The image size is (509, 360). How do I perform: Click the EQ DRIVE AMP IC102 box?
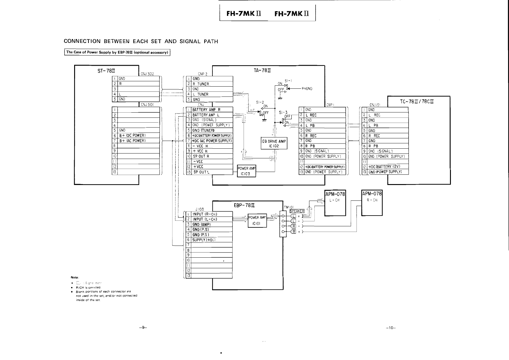pyautogui.click(x=274, y=143)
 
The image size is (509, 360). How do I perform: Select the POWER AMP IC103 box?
pyautogui.click(x=247, y=171)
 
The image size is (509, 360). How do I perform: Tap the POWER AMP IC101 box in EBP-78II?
pyautogui.click(x=257, y=220)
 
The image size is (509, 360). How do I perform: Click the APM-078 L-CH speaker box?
pyautogui.click(x=335, y=203)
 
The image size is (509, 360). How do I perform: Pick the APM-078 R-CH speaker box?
pyautogui.click(x=372, y=203)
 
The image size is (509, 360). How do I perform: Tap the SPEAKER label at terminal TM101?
pyautogui.click(x=297, y=211)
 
